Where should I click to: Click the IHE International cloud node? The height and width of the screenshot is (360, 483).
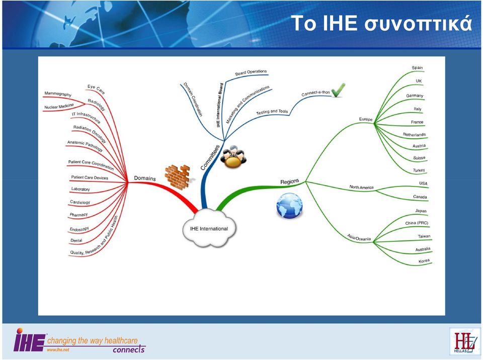(209, 228)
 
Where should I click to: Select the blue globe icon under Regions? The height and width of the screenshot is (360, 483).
(289, 206)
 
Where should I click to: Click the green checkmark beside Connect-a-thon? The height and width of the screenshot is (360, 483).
(338, 90)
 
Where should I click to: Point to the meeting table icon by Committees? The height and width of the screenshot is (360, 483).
(233, 157)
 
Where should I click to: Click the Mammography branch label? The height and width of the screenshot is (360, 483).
(58, 94)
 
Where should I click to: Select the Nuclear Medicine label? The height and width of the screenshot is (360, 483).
(59, 106)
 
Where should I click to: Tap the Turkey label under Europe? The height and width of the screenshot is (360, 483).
(419, 170)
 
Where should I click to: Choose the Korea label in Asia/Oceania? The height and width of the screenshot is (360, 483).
(424, 261)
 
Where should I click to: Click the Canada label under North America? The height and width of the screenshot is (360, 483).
(420, 197)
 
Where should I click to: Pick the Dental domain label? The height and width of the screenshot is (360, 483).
(76, 240)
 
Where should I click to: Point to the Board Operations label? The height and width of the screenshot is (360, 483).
(251, 72)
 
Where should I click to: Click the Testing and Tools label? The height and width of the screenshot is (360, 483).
(272, 112)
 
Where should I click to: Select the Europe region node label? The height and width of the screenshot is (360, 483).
(366, 119)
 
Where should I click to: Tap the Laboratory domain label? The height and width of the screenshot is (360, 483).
(80, 189)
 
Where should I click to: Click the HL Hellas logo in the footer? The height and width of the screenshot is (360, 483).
(464, 341)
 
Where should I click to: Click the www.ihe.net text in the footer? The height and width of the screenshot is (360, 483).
(58, 350)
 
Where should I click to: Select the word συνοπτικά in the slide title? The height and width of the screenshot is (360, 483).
(418, 24)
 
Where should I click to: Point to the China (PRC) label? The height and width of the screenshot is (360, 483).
(417, 223)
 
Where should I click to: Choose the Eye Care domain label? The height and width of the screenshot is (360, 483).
(96, 89)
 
